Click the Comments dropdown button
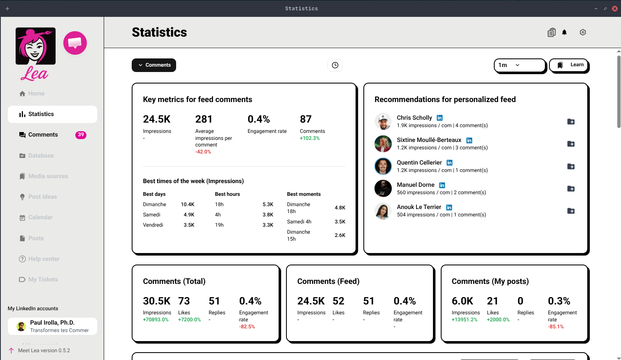(154, 65)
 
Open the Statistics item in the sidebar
(52, 114)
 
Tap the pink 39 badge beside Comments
(81, 135)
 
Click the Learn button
(570, 65)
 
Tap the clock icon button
(335, 65)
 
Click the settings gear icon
(583, 33)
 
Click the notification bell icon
(564, 33)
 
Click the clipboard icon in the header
(551, 33)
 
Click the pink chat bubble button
(75, 43)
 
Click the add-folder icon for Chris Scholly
(571, 122)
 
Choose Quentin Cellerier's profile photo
(383, 166)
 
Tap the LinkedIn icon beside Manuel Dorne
(442, 185)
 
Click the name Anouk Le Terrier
(419, 207)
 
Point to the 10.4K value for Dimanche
(188, 204)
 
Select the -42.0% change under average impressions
(203, 152)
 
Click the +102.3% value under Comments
(309, 138)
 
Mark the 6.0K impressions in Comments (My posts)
(462, 301)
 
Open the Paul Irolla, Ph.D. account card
(52, 326)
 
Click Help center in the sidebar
(44, 259)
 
